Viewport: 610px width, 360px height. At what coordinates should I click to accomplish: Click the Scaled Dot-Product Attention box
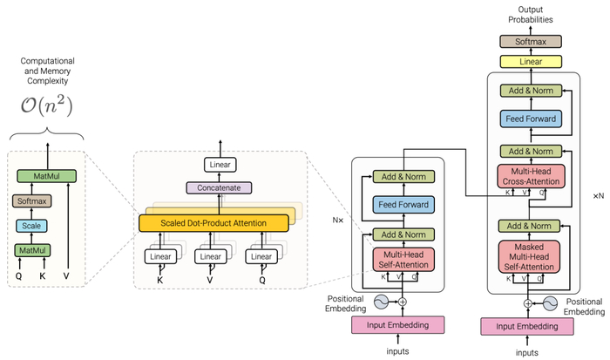pos(213,223)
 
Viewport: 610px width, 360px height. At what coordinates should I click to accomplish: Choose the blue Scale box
pos(30,226)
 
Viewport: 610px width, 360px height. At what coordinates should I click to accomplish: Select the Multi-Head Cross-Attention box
pos(529,175)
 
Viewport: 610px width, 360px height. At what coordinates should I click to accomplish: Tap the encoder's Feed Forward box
pos(402,205)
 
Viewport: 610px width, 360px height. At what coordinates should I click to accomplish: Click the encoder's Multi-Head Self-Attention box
pos(402,259)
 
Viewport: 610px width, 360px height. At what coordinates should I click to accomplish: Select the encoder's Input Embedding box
pos(403,324)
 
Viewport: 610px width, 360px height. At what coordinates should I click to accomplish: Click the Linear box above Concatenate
pos(220,164)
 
